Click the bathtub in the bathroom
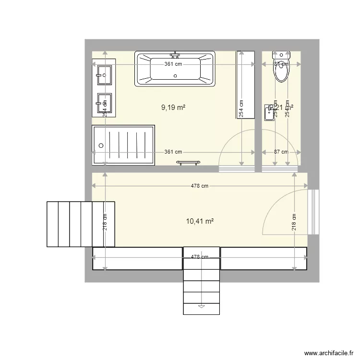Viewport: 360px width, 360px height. (175, 70)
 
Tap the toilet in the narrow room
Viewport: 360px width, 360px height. (281, 70)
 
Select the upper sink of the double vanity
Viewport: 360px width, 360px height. (104, 73)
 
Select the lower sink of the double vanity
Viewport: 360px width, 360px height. (104, 102)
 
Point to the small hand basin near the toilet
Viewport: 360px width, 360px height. (268, 113)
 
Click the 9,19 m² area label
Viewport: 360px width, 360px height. (173, 108)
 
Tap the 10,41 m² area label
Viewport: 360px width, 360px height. (199, 221)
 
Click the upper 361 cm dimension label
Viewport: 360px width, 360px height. (173, 64)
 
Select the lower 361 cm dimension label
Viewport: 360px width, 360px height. (173, 152)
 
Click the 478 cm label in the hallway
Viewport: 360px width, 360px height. (200, 186)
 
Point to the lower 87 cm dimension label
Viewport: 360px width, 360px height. (281, 152)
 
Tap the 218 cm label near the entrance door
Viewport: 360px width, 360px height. (294, 222)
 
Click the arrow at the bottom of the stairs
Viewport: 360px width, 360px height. (202, 306)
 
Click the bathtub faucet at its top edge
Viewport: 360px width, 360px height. (175, 54)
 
